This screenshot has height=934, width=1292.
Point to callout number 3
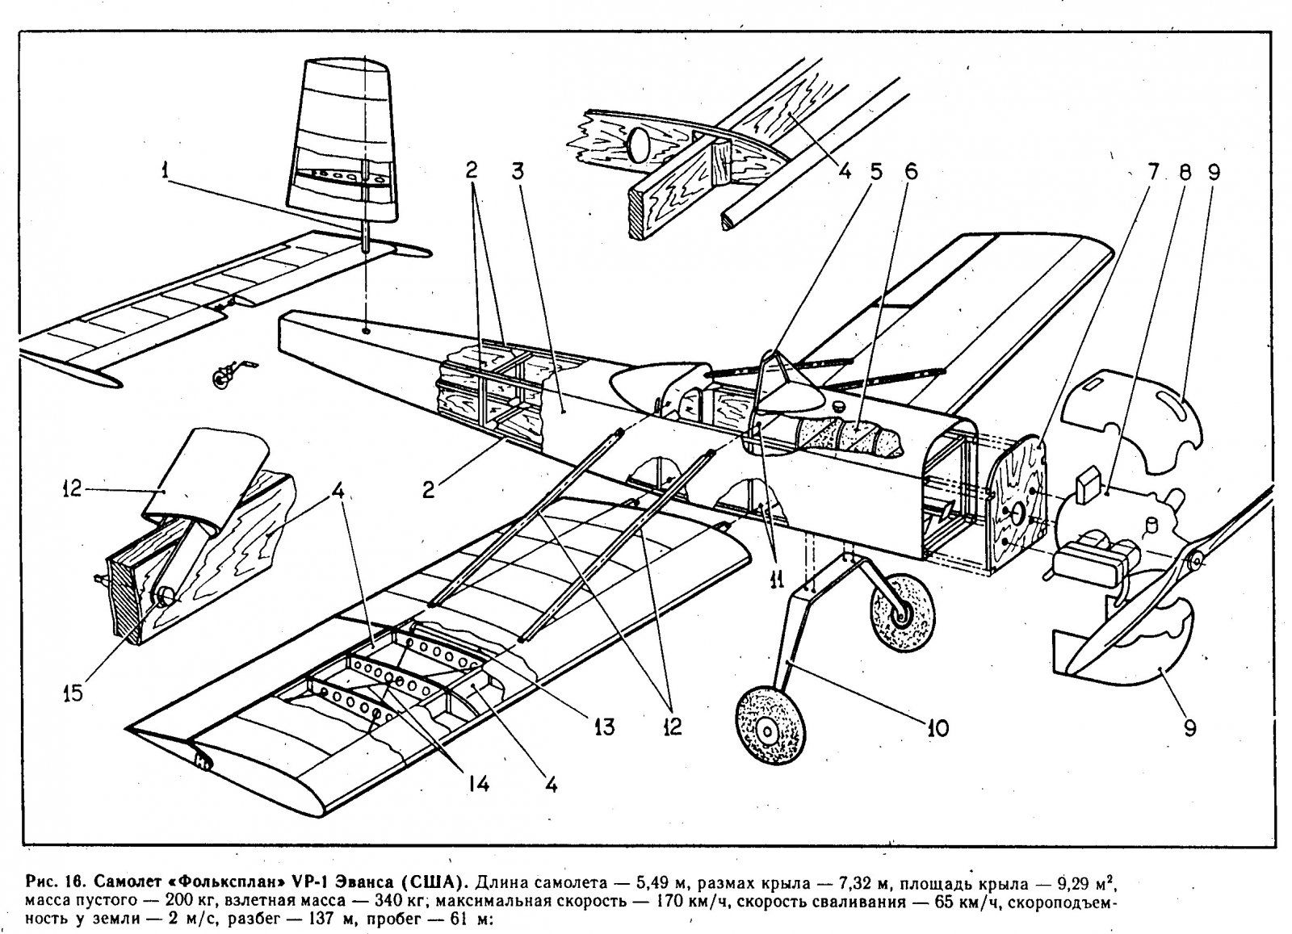tap(518, 173)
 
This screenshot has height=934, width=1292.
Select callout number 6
tap(912, 172)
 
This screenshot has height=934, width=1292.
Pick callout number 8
tap(1185, 172)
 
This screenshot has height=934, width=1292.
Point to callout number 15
tap(73, 693)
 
